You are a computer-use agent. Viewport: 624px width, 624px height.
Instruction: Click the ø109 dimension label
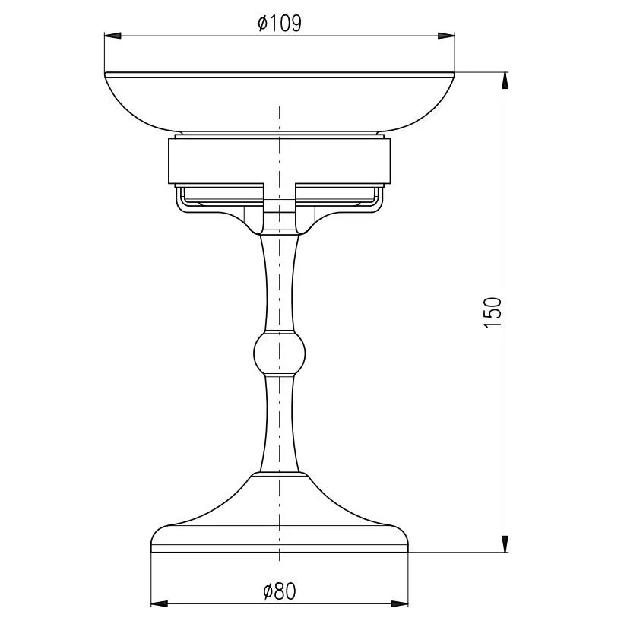280,24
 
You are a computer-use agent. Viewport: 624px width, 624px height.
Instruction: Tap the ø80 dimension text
280,591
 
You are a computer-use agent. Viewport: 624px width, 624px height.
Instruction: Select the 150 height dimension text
493,312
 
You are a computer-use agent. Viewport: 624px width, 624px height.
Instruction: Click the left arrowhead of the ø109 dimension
112,36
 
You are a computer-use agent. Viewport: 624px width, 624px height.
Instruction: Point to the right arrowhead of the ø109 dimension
446,36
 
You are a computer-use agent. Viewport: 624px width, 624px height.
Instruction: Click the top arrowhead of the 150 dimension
505,81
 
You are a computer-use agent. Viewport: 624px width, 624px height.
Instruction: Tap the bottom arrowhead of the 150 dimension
505,544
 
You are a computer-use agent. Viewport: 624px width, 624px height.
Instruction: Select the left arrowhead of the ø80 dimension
159,603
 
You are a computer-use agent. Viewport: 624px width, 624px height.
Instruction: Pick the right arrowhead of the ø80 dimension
400,603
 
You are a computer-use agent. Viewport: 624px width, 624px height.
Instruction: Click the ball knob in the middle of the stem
280,352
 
